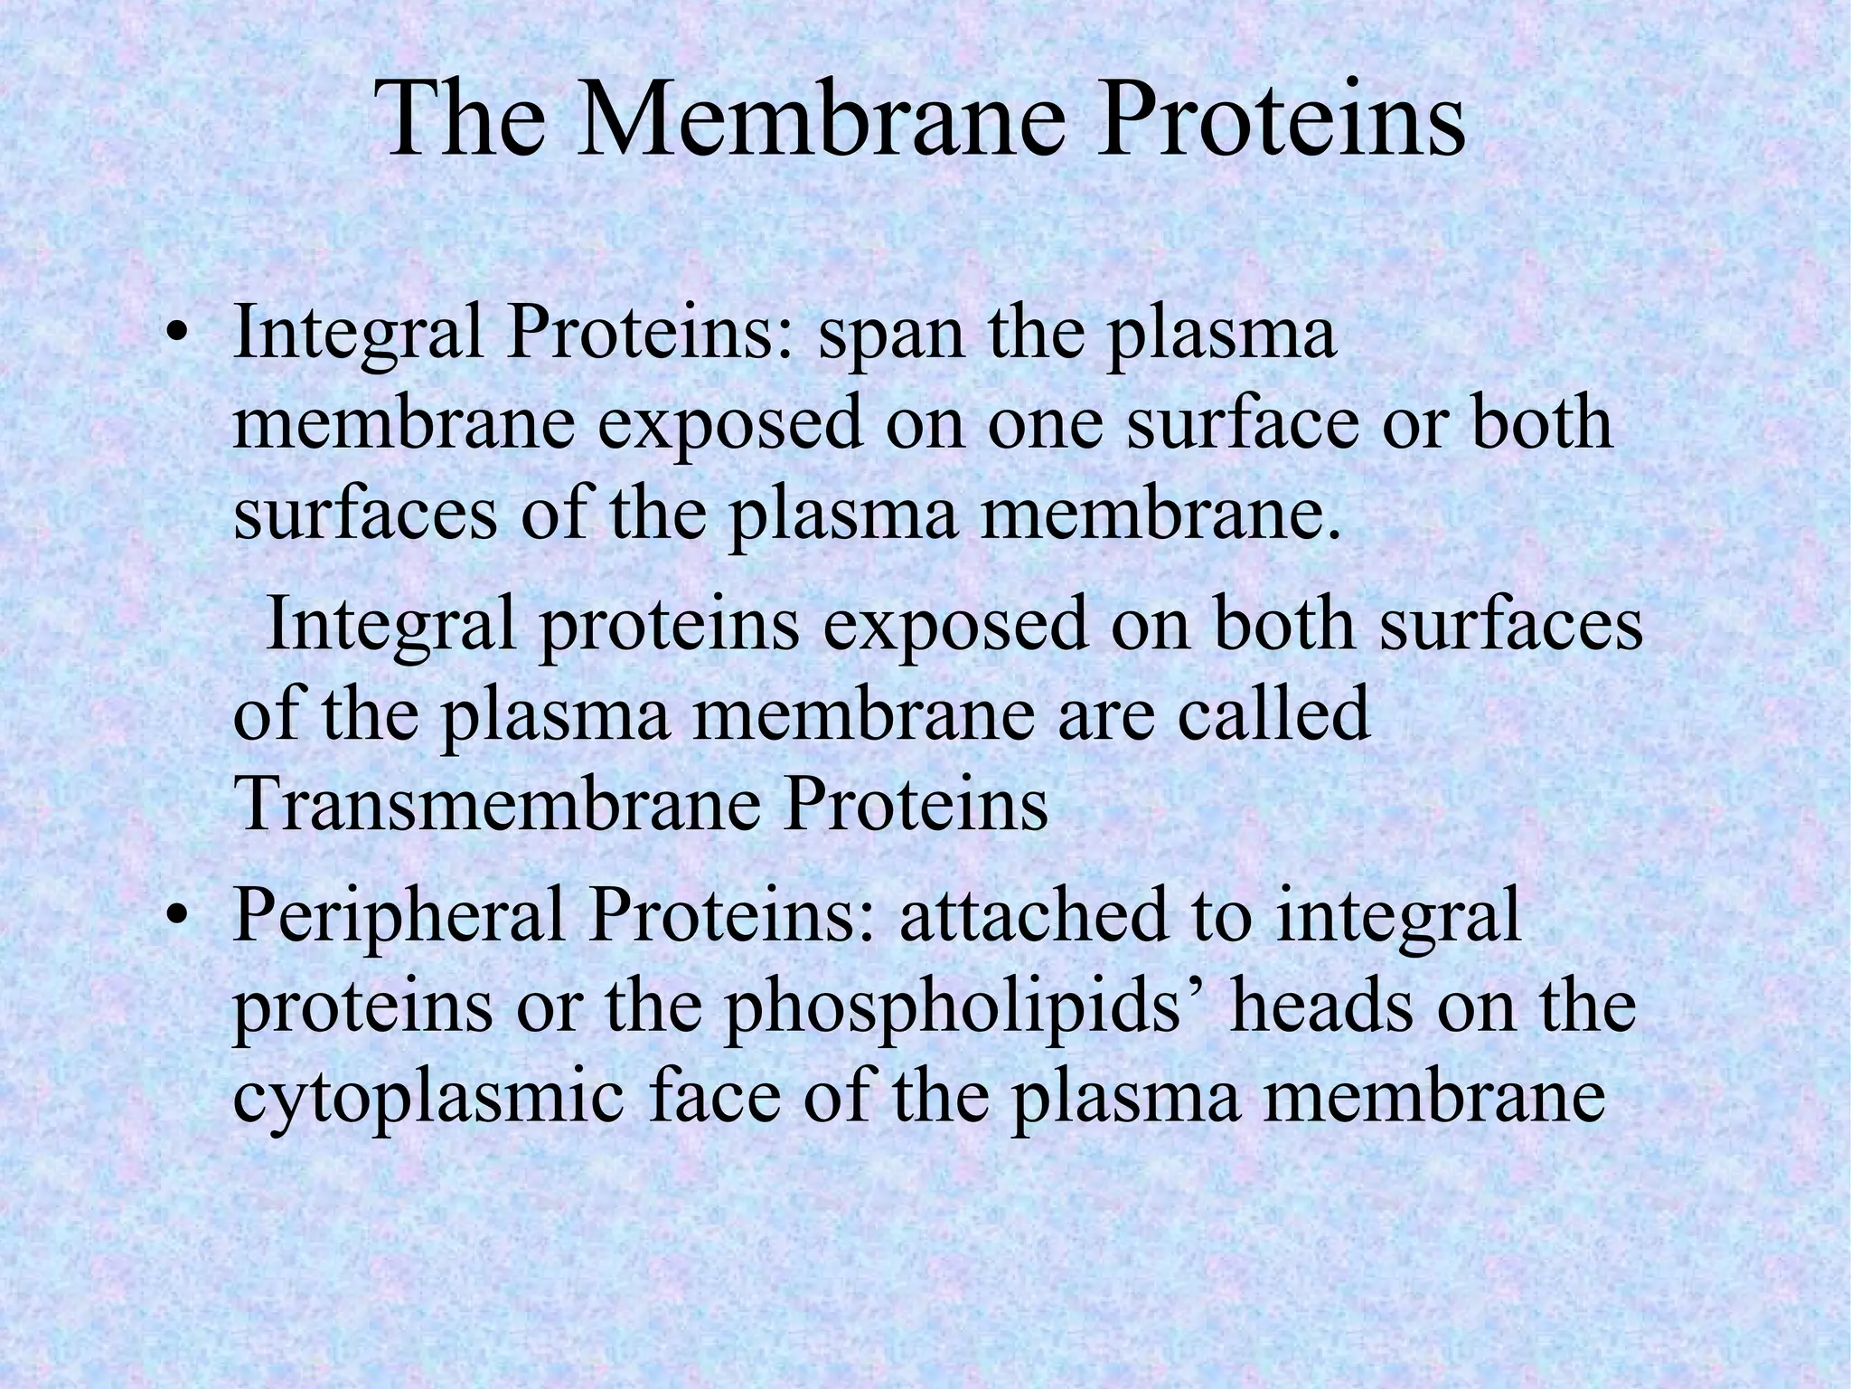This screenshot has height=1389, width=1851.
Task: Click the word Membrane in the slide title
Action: [x=828, y=118]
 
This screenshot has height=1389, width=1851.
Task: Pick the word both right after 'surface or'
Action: [x=1540, y=424]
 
